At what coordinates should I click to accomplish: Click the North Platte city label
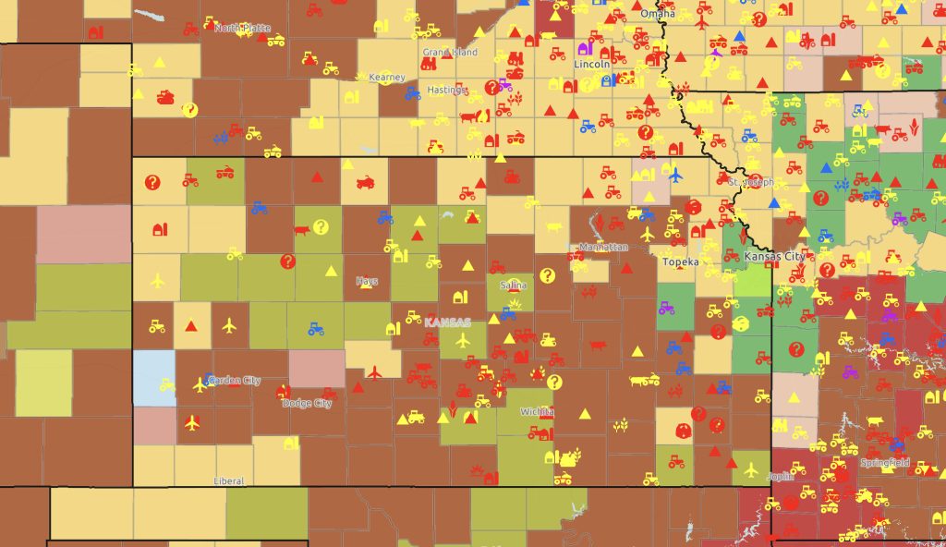tap(243, 28)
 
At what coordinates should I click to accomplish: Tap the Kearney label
tap(386, 77)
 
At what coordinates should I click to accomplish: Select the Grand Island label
tap(450, 53)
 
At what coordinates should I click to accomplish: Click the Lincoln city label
tap(591, 65)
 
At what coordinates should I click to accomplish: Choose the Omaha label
tap(657, 14)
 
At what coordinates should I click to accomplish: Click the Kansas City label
tap(774, 256)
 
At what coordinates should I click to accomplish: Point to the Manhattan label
tap(603, 248)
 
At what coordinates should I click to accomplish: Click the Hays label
tap(367, 281)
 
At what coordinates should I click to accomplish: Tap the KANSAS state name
tap(447, 322)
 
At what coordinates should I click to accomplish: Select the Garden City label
tap(235, 380)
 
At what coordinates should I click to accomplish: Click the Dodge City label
tap(307, 404)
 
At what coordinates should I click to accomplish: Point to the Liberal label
tap(228, 480)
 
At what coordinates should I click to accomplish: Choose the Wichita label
tap(537, 411)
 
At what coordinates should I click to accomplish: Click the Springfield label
tap(884, 462)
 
